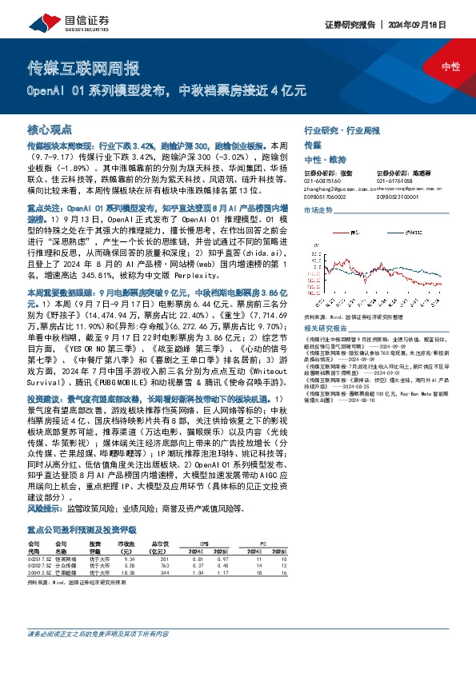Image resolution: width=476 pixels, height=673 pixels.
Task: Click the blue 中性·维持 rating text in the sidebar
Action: click(x=324, y=160)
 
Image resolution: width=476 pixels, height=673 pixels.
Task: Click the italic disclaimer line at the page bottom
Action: click(x=98, y=656)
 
